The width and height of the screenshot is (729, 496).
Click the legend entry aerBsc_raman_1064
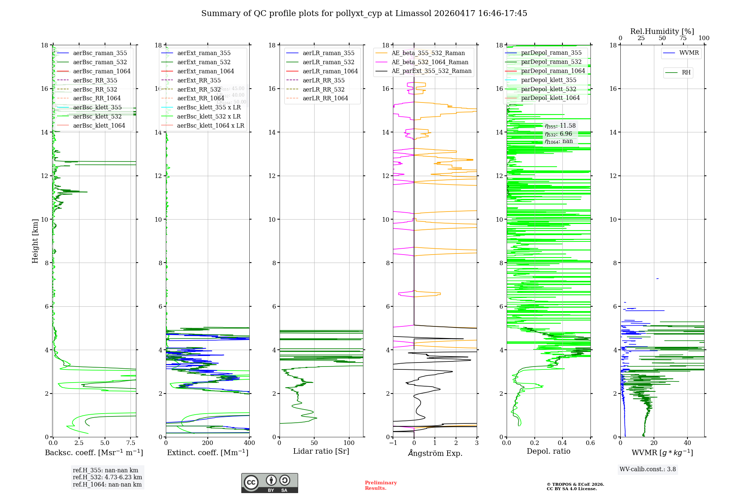coord(101,71)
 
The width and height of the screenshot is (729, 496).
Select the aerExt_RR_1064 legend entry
coord(200,98)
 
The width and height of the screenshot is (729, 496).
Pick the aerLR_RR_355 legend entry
coord(323,80)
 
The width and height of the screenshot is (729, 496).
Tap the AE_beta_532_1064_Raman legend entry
coord(430,62)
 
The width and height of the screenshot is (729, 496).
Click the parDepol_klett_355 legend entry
coord(549,80)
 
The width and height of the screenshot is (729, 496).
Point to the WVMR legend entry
coord(689,53)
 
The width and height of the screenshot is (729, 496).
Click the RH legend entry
coord(686,73)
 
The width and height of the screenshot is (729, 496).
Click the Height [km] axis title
coord(35,241)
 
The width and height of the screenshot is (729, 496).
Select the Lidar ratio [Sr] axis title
coord(321,451)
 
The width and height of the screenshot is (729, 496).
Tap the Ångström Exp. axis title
coord(435,453)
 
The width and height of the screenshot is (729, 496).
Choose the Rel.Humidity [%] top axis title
coord(662,31)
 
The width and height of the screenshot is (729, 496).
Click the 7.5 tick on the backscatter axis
coord(131,443)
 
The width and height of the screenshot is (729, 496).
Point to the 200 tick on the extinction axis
coord(208,443)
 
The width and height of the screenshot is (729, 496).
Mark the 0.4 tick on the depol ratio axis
coord(562,443)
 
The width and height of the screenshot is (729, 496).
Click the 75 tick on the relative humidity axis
coord(683,38)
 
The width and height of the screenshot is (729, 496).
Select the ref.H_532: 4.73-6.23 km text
coord(107,477)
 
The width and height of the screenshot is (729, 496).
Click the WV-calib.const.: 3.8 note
coord(648,469)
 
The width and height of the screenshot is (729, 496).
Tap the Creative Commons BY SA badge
coord(269,483)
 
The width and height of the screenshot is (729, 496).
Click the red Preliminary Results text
coord(381,485)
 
